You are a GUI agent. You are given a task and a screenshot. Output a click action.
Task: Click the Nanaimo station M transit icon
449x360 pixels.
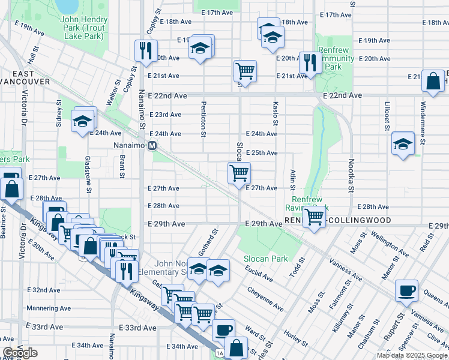point(152,146)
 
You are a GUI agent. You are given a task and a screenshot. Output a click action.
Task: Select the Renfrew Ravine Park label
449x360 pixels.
point(310,203)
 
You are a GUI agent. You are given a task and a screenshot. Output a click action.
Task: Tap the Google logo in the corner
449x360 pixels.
point(20,353)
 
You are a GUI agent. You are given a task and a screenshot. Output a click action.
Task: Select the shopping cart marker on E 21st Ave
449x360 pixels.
point(245,71)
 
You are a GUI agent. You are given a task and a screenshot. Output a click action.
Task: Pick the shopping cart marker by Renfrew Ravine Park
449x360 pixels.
point(314,217)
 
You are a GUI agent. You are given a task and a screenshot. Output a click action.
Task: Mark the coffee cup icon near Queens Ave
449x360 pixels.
point(406,291)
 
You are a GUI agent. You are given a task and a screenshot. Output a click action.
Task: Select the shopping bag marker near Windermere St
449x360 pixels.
point(433,82)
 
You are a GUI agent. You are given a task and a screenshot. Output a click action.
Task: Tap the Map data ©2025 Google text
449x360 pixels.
point(411,355)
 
